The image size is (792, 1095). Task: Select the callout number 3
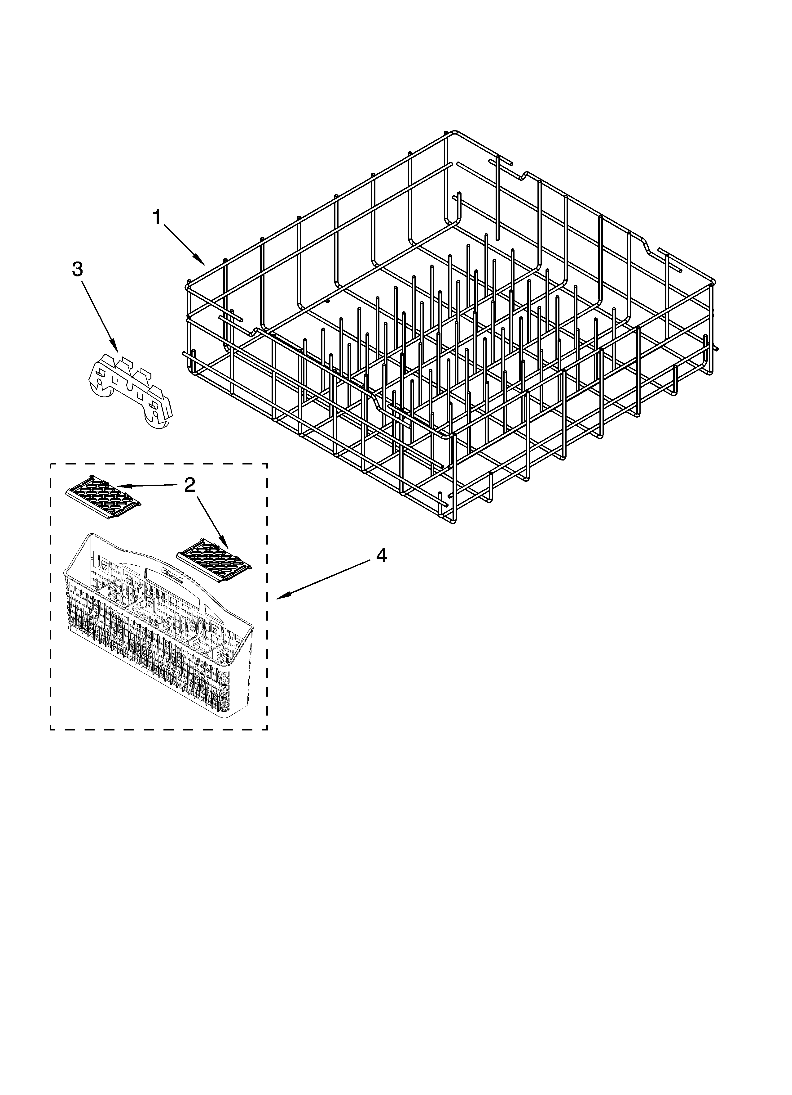click(77, 269)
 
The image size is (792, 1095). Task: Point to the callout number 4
click(381, 556)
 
